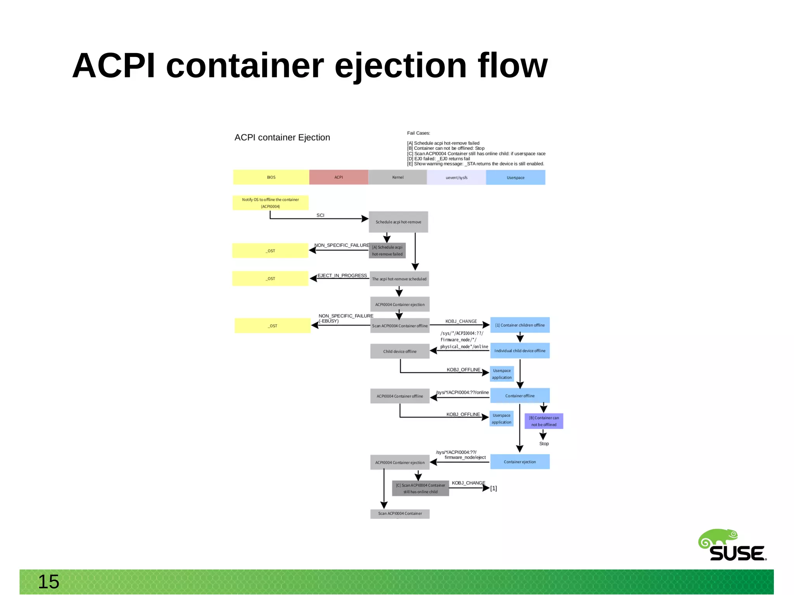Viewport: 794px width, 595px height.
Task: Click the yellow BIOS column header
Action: point(271,177)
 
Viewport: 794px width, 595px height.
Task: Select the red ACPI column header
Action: point(338,177)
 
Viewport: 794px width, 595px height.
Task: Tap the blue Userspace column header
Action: point(515,177)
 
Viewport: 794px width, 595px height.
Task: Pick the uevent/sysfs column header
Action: point(456,177)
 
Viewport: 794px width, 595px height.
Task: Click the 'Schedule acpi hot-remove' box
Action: point(398,222)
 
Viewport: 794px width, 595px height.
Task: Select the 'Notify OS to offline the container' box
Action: point(270,203)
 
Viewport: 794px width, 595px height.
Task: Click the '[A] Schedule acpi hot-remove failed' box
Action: point(387,251)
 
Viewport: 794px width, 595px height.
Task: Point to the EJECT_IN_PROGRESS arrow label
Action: point(342,275)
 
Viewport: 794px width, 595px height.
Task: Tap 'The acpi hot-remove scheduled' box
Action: point(399,279)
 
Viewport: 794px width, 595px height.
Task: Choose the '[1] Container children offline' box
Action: point(520,325)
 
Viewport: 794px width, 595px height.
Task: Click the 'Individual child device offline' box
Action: point(520,351)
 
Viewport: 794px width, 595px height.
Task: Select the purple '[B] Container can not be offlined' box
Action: point(544,421)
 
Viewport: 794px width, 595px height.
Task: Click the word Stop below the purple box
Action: point(544,444)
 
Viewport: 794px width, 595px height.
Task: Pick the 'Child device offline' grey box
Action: point(400,351)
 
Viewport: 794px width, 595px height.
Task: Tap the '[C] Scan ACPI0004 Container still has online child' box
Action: point(420,488)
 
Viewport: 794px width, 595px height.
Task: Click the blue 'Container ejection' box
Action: point(520,462)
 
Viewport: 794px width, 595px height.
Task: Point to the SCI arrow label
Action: point(320,215)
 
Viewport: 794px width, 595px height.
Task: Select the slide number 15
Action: point(48,581)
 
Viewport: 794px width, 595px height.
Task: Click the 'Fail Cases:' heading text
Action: point(418,133)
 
